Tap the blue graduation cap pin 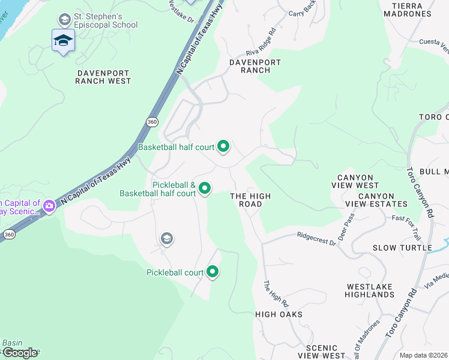[63, 41]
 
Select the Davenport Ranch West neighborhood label [103, 76]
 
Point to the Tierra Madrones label [411, 9]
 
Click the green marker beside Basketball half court [223, 146]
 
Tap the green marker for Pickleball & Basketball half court [205, 188]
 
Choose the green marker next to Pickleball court [212, 272]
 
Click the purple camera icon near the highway [49, 207]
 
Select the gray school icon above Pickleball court [167, 239]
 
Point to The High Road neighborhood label [251, 200]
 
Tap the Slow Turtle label [402, 248]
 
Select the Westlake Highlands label [370, 290]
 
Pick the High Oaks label [279, 314]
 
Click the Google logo [20, 353]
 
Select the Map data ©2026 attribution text [424, 355]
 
